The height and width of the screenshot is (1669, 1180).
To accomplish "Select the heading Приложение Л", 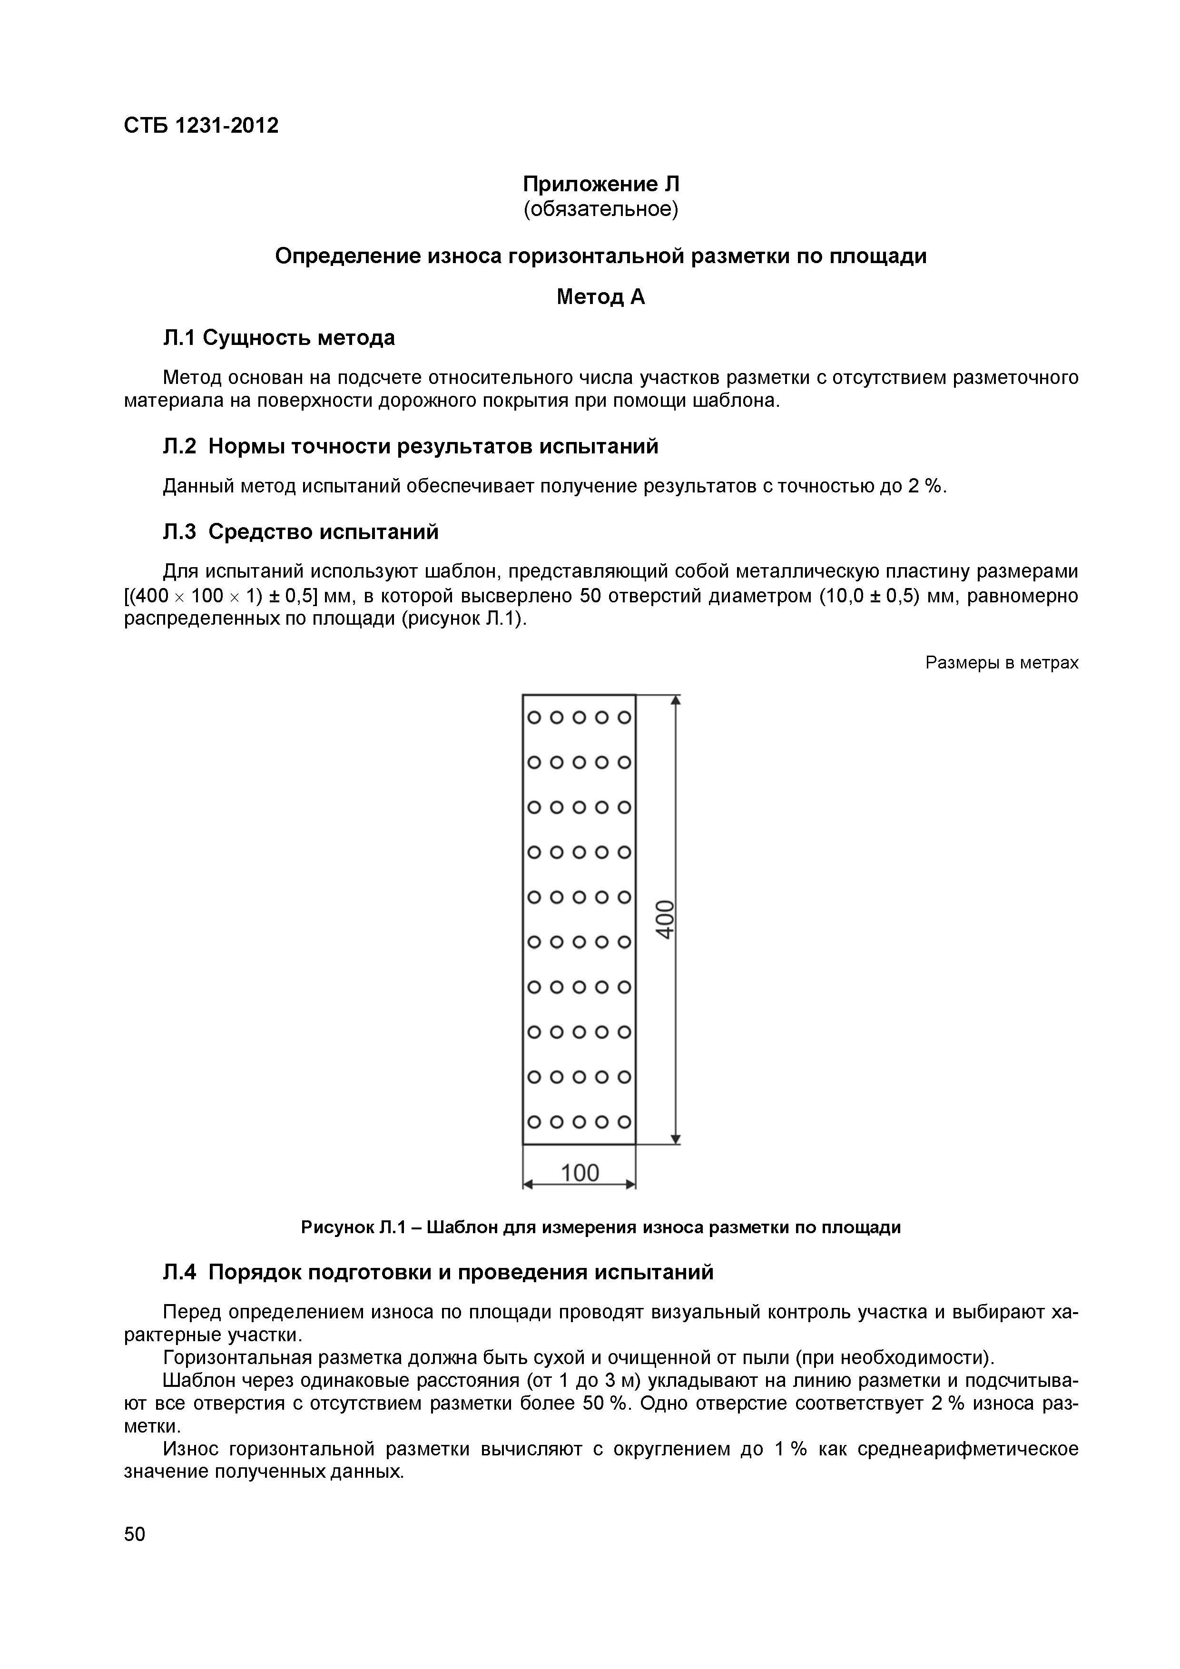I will [x=600, y=184].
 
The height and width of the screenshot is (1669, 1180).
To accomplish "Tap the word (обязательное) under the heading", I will [x=600, y=209].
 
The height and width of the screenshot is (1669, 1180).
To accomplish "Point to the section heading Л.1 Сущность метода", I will [x=279, y=338].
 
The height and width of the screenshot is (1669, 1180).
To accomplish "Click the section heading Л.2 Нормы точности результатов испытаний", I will [x=411, y=446].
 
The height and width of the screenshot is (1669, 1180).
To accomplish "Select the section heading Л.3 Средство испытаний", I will [x=301, y=532].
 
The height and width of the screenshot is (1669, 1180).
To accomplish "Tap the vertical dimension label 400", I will [x=665, y=920].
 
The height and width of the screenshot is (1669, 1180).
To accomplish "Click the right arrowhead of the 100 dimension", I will [x=631, y=1185].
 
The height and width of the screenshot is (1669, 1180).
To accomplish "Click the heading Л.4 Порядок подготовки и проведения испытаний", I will [x=438, y=1272].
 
